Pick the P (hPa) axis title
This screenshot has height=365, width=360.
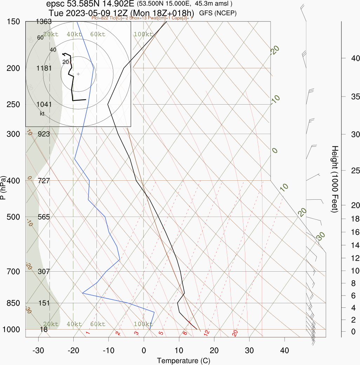tap(4, 188)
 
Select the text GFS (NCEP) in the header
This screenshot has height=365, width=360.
tap(218, 13)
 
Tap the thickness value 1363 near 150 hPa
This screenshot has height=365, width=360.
tap(44, 22)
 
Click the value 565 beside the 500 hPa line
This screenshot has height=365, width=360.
tap(44, 217)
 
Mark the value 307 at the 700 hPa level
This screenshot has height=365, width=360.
tap(44, 271)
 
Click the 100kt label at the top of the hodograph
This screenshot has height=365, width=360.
tap(143, 34)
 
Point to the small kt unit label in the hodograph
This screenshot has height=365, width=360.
tap(42, 113)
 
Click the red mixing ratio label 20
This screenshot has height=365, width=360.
tap(235, 333)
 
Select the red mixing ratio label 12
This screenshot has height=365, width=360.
tap(207, 332)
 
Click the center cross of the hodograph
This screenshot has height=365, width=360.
tap(78, 74)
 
